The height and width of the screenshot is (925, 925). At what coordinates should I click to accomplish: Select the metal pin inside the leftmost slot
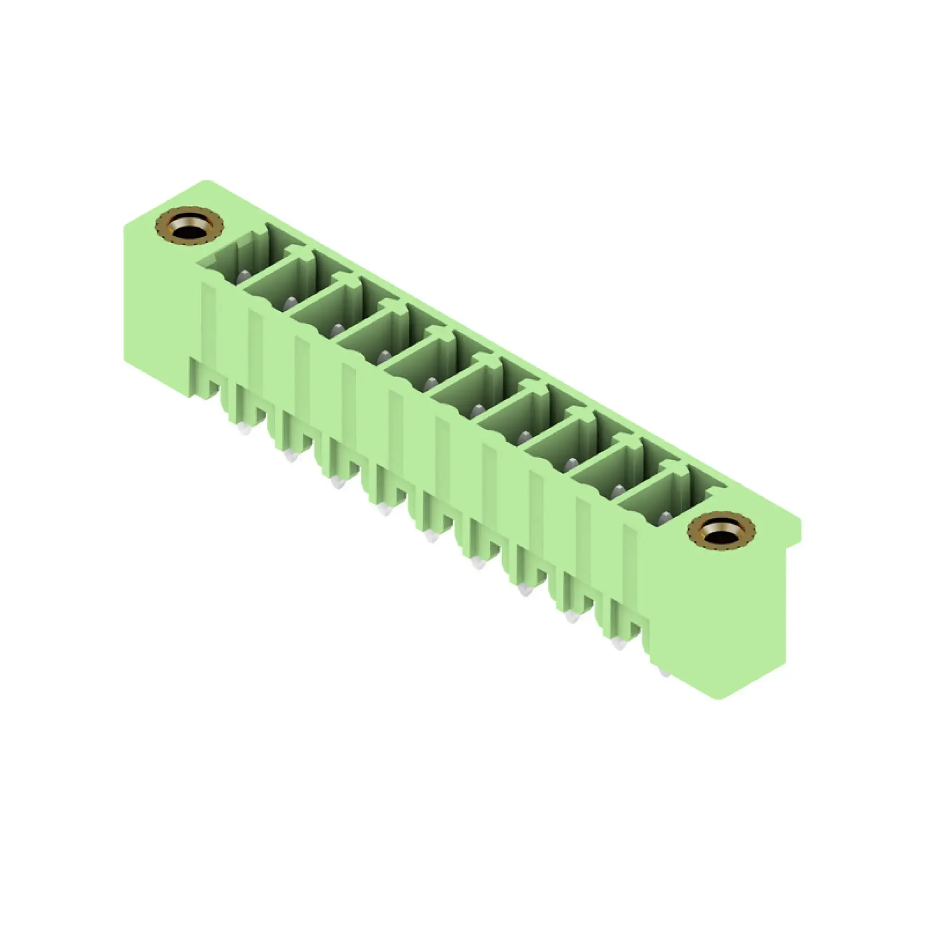pyautogui.click(x=244, y=276)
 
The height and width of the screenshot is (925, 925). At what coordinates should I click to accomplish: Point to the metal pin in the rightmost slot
pyautogui.click(x=665, y=518)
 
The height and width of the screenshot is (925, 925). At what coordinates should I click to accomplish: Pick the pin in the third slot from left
pyautogui.click(x=337, y=329)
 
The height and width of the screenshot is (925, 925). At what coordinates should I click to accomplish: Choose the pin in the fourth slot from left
pyautogui.click(x=384, y=356)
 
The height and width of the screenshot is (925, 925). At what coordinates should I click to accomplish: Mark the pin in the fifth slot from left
pyautogui.click(x=431, y=383)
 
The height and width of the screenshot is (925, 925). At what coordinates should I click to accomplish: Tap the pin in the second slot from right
pyautogui.click(x=618, y=490)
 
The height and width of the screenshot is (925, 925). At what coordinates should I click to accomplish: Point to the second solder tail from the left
pyautogui.click(x=290, y=456)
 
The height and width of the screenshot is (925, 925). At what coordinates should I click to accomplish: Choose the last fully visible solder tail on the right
pyautogui.click(x=618, y=644)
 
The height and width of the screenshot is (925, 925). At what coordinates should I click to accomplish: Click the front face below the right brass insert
pyautogui.click(x=718, y=623)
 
